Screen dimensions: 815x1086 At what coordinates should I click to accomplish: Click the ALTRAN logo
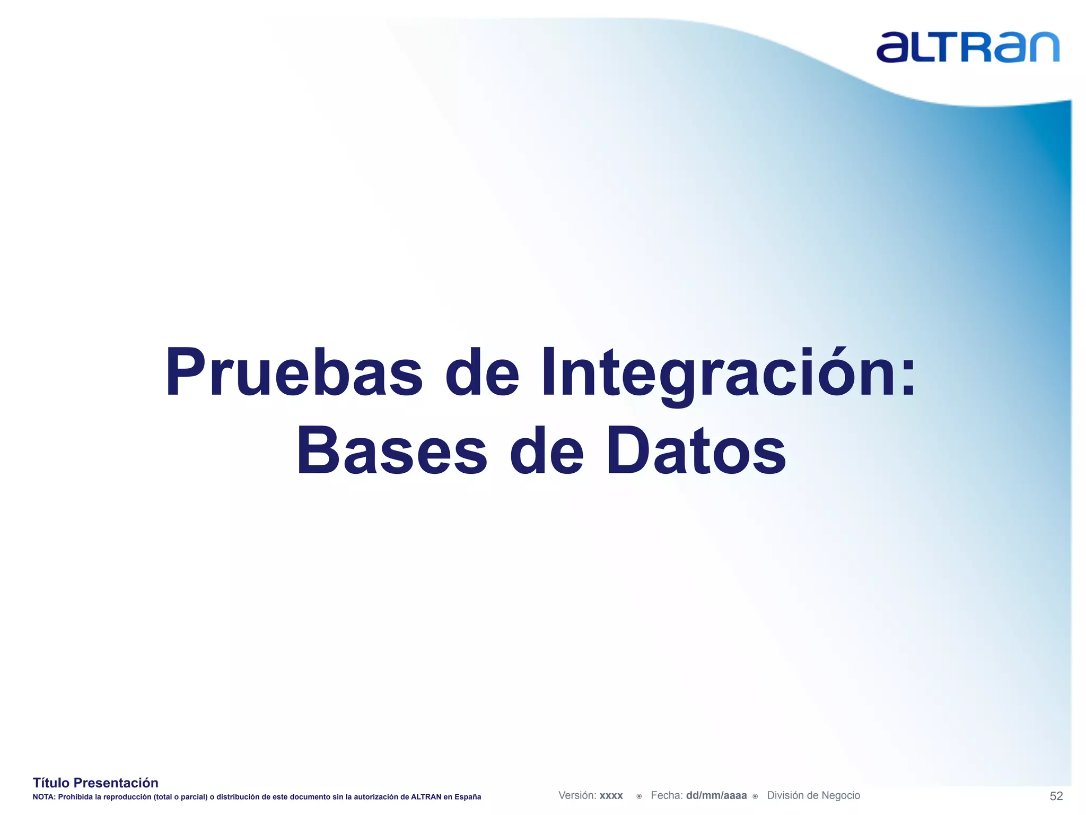pos(967,48)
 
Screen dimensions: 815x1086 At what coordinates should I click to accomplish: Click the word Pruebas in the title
pos(294,372)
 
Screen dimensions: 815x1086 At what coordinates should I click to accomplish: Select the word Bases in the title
pos(391,451)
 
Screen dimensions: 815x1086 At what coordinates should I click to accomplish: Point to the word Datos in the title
pos(696,451)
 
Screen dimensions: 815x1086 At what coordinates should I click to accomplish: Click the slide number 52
pos(1056,796)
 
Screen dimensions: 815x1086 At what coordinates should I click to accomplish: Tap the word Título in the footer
pos(51,783)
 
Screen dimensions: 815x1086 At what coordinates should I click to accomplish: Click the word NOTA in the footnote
pos(43,797)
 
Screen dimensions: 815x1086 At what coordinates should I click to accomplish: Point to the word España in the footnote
pos(468,797)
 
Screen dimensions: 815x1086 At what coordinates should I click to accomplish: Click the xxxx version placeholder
pos(611,796)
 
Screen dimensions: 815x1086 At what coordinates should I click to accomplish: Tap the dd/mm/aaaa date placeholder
pos(716,796)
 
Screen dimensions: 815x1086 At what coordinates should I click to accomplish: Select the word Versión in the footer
pos(577,795)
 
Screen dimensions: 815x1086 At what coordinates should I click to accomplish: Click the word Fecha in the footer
pos(666,795)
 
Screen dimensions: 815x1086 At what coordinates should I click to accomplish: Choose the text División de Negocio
pos(813,795)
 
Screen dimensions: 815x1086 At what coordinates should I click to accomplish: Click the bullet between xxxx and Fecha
pos(639,796)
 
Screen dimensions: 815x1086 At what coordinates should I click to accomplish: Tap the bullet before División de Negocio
pos(755,796)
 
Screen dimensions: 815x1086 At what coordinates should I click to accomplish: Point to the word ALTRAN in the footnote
pos(426,797)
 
